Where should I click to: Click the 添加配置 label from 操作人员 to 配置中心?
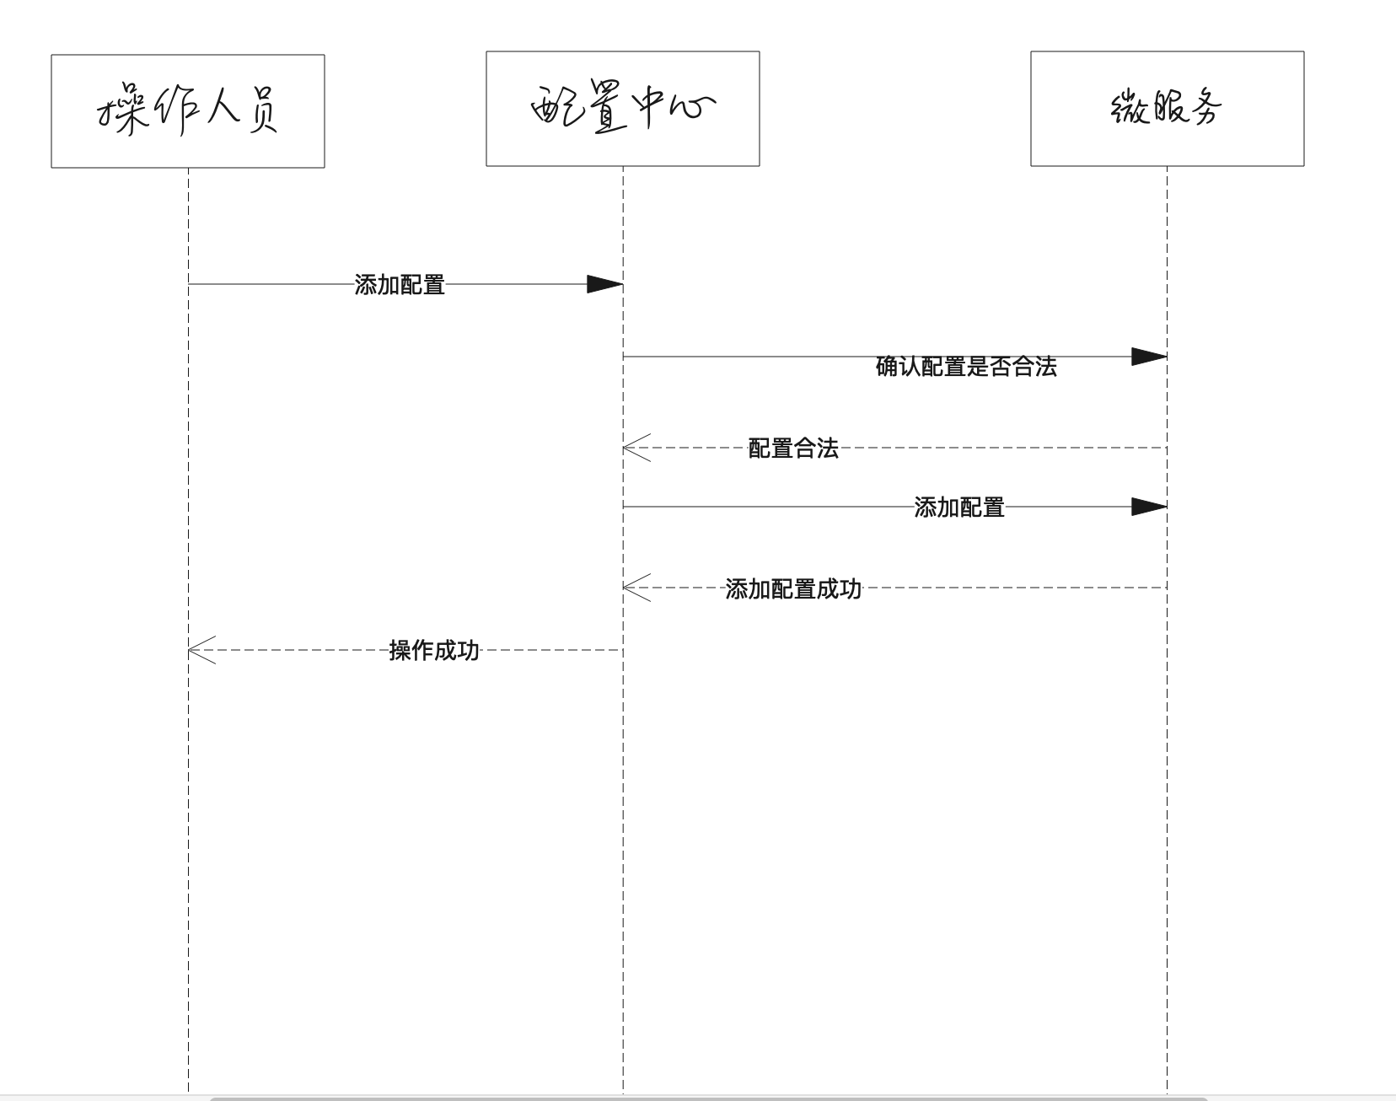[x=400, y=285]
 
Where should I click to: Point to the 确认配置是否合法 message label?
[x=966, y=367]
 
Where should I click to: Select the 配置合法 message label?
[x=793, y=448]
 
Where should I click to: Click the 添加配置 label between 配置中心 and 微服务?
[x=959, y=508]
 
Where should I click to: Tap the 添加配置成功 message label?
[x=793, y=588]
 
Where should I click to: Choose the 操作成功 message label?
[x=434, y=650]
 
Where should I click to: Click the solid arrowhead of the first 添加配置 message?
[x=604, y=284]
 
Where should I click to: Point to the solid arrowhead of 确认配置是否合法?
[x=1148, y=357]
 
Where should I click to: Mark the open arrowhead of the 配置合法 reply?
[x=636, y=448]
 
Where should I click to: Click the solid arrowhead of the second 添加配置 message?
[x=1148, y=507]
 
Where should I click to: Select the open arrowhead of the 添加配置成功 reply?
[x=636, y=588]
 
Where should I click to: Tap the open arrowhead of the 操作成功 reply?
[x=201, y=650]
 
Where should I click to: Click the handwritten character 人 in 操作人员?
[x=220, y=108]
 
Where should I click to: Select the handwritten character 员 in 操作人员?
[x=260, y=110]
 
